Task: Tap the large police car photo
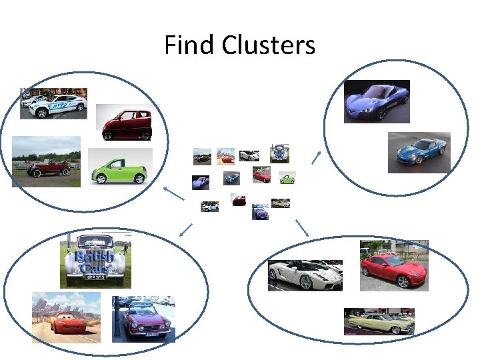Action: click(x=53, y=103)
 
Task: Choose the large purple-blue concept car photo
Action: click(x=377, y=101)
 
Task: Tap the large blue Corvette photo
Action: click(x=419, y=152)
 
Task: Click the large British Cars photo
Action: click(x=94, y=261)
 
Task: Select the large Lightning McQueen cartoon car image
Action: click(x=66, y=317)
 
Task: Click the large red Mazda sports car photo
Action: click(x=394, y=265)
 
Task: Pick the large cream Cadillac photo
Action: click(x=379, y=321)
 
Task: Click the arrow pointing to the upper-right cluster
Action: click(x=316, y=157)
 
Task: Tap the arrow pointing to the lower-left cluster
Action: click(x=185, y=230)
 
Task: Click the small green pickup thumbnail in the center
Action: click(x=287, y=178)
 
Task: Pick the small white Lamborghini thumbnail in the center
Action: click(x=249, y=156)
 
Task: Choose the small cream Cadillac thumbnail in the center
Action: click(x=281, y=203)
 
